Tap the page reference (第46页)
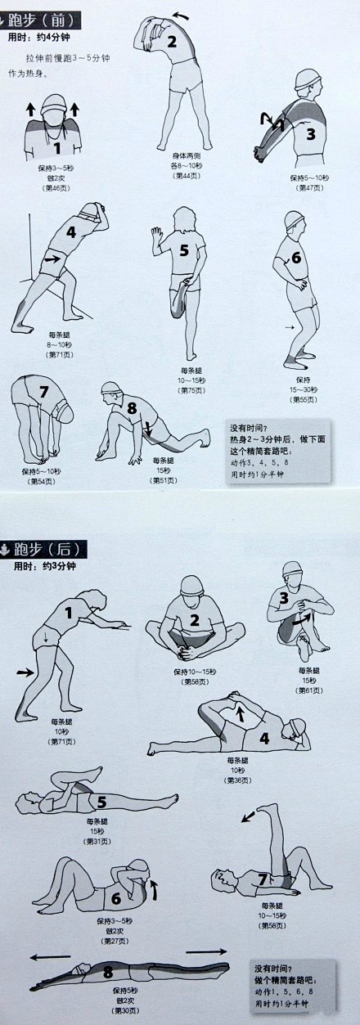[x=56, y=188]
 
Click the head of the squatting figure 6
[x=295, y=222]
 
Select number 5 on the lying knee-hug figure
[x=101, y=802]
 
